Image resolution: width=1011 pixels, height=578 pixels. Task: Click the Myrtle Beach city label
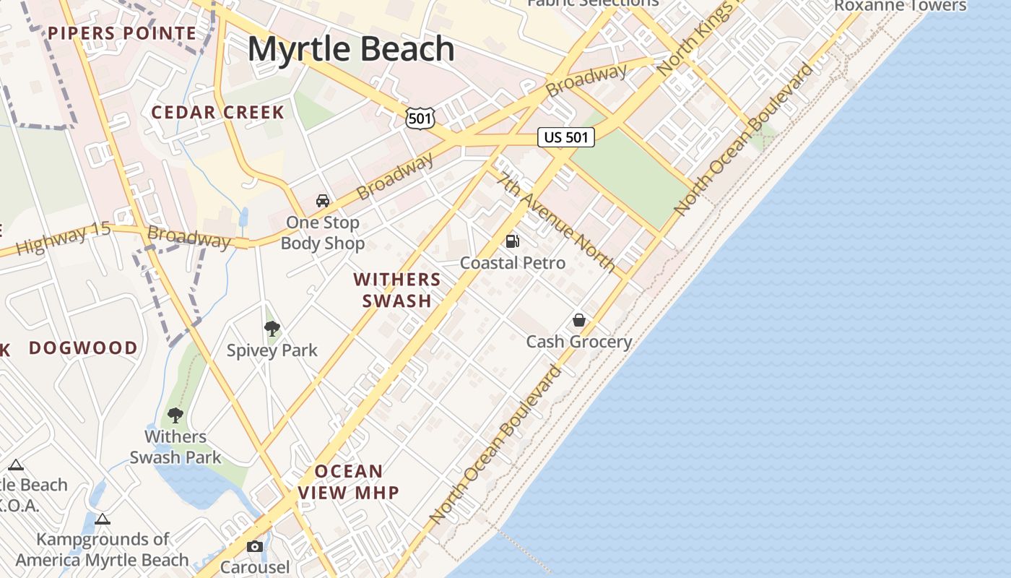point(352,49)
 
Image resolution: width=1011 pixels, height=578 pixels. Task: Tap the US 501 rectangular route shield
point(566,137)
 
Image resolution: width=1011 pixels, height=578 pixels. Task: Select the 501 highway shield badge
point(420,118)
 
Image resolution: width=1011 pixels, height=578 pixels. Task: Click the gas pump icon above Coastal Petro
point(512,241)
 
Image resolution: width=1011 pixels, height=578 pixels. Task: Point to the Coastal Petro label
point(513,263)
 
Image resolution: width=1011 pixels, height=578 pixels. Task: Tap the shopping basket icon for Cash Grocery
point(579,320)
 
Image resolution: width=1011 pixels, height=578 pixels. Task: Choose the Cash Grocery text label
point(579,342)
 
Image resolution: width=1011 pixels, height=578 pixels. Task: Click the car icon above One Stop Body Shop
point(323,201)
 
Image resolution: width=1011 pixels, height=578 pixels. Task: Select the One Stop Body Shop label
point(323,233)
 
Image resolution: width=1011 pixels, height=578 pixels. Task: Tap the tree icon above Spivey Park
point(272,329)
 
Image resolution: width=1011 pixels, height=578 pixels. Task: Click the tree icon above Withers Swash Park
point(175,415)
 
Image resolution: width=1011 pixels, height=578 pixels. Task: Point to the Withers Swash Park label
point(175,447)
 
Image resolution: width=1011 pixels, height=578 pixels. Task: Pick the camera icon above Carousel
point(254,546)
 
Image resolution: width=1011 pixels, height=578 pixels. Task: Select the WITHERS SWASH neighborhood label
point(397,290)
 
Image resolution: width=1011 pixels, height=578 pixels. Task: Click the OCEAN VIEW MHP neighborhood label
point(349,482)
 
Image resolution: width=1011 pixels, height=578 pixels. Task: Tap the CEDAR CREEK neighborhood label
point(217,113)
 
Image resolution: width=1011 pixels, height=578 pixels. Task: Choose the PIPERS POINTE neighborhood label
point(122,33)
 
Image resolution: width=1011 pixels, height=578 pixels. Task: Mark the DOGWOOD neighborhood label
point(83,348)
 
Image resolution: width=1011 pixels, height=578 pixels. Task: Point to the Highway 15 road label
point(64,238)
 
